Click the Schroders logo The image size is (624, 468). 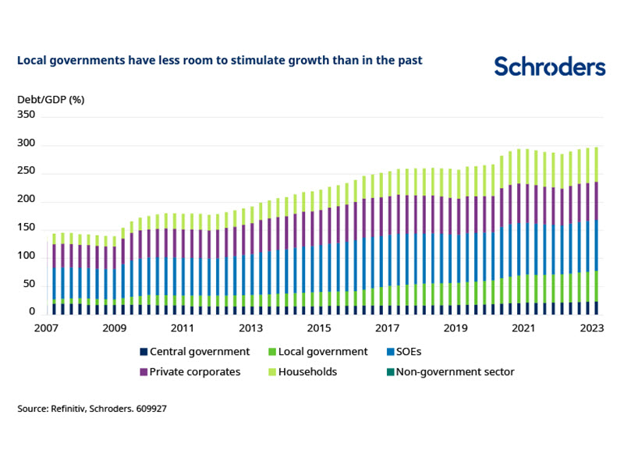click(550, 67)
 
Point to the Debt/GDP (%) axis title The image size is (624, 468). click(51, 99)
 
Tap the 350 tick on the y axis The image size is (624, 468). click(27, 114)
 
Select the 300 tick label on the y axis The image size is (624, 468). click(27, 144)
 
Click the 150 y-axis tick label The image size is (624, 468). click(27, 227)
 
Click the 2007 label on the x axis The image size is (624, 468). click(47, 328)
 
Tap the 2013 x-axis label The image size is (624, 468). click(251, 328)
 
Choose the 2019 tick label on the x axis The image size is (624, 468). click(455, 328)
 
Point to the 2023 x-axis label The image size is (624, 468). click(591, 328)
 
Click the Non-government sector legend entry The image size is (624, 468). click(456, 372)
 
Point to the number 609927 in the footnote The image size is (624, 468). click(148, 408)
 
